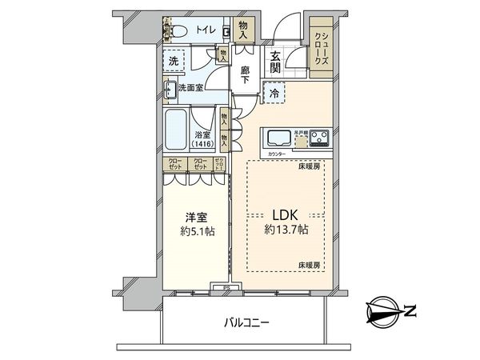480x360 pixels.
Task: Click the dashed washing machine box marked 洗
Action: pyautogui.click(x=174, y=61)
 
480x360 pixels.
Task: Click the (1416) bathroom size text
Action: pyautogui.click(x=203, y=144)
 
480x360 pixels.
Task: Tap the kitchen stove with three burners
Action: pyautogui.click(x=320, y=138)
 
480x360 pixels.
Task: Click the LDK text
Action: pyautogui.click(x=286, y=214)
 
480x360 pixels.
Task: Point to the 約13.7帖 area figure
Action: pyautogui.click(x=286, y=230)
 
